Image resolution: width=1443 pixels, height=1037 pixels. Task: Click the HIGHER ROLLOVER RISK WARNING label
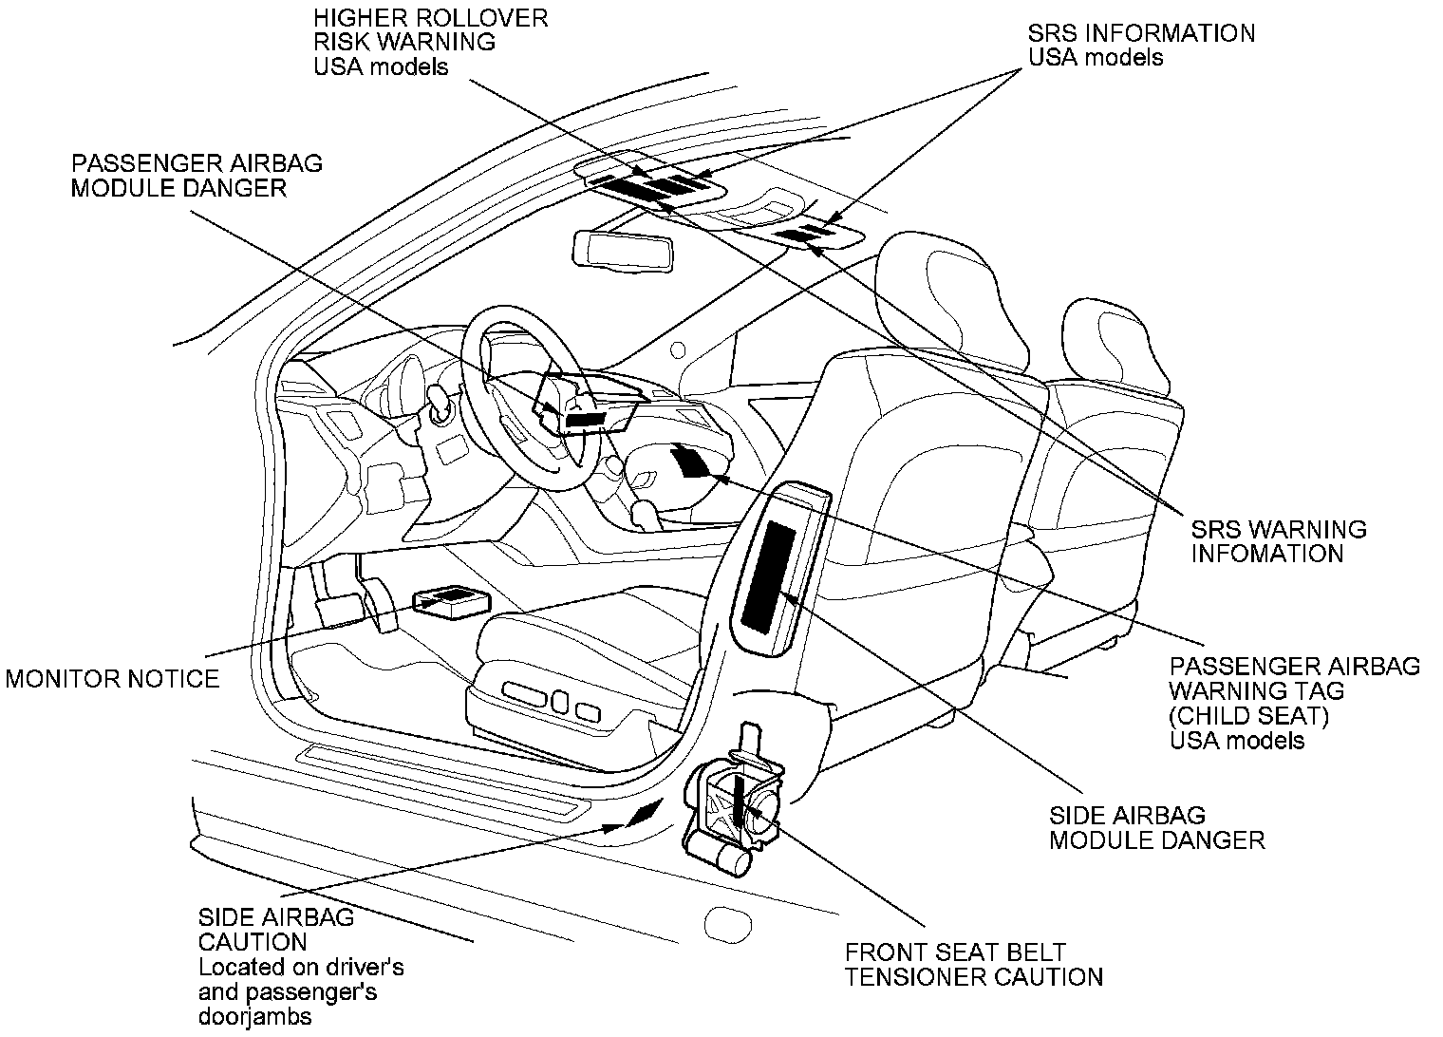pyautogui.click(x=431, y=43)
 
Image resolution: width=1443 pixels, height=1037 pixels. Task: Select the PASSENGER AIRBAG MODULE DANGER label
pyautogui.click(x=197, y=175)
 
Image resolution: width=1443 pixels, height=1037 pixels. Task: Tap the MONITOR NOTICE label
pyautogui.click(x=112, y=678)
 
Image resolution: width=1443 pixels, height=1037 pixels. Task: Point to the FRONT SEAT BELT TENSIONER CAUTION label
pyautogui.click(x=973, y=964)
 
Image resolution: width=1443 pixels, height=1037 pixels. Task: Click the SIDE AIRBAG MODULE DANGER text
pyautogui.click(x=1156, y=827)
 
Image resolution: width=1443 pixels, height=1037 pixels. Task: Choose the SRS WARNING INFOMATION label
pyautogui.click(x=1278, y=541)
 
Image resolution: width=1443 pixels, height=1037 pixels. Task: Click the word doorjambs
pyautogui.click(x=254, y=1017)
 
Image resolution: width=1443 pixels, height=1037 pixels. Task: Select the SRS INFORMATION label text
pyautogui.click(x=1141, y=33)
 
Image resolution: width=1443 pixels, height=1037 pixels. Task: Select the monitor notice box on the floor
pyautogui.click(x=451, y=600)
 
